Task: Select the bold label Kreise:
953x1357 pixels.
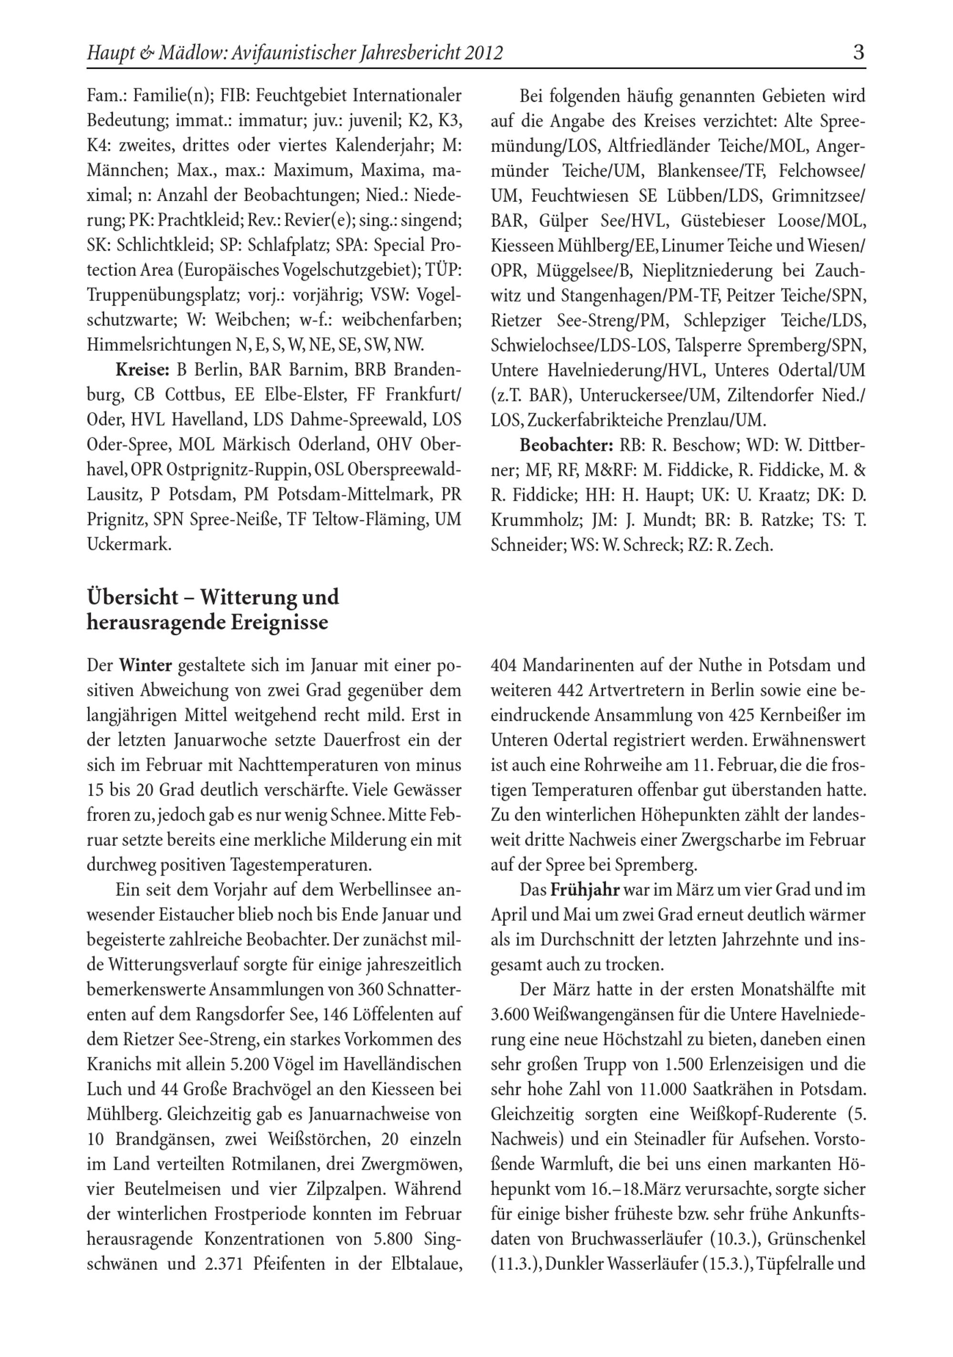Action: [x=142, y=371]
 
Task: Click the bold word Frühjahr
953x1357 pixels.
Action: [x=585, y=890]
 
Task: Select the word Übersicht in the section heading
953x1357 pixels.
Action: [x=132, y=597]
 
